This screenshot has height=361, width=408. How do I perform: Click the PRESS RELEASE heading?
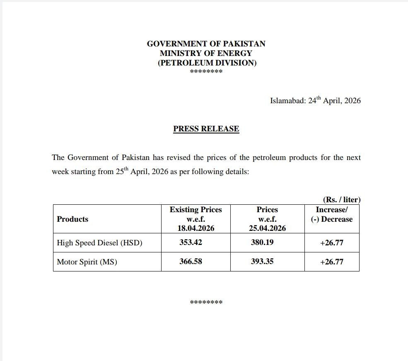click(x=206, y=129)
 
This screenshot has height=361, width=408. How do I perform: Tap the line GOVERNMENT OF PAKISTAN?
click(x=206, y=44)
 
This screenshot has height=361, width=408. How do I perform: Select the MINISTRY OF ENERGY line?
click(x=206, y=53)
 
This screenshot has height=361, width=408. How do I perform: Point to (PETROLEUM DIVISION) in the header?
click(x=207, y=63)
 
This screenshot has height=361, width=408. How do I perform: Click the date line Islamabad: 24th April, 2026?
click(x=315, y=101)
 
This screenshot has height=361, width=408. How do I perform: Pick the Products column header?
click(x=72, y=219)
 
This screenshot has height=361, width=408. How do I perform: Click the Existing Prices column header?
click(x=196, y=210)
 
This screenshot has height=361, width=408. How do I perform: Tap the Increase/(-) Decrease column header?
click(x=331, y=215)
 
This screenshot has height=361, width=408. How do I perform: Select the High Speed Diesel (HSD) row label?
click(x=99, y=243)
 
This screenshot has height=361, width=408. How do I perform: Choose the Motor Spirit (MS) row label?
click(x=87, y=262)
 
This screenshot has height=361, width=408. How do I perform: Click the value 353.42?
click(x=191, y=242)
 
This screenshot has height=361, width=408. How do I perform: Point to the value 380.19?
click(x=262, y=242)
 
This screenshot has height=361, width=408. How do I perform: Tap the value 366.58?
click(x=191, y=262)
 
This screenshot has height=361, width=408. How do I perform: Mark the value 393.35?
click(x=262, y=262)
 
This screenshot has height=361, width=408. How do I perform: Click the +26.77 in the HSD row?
click(x=331, y=243)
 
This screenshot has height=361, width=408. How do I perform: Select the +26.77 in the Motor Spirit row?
click(x=331, y=262)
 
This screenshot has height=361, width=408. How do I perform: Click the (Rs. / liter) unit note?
click(x=342, y=200)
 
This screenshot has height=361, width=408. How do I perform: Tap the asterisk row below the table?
click(x=206, y=302)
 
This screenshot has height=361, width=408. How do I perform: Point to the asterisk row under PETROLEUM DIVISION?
click(x=206, y=72)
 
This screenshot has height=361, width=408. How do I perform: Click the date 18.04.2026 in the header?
click(x=196, y=228)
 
